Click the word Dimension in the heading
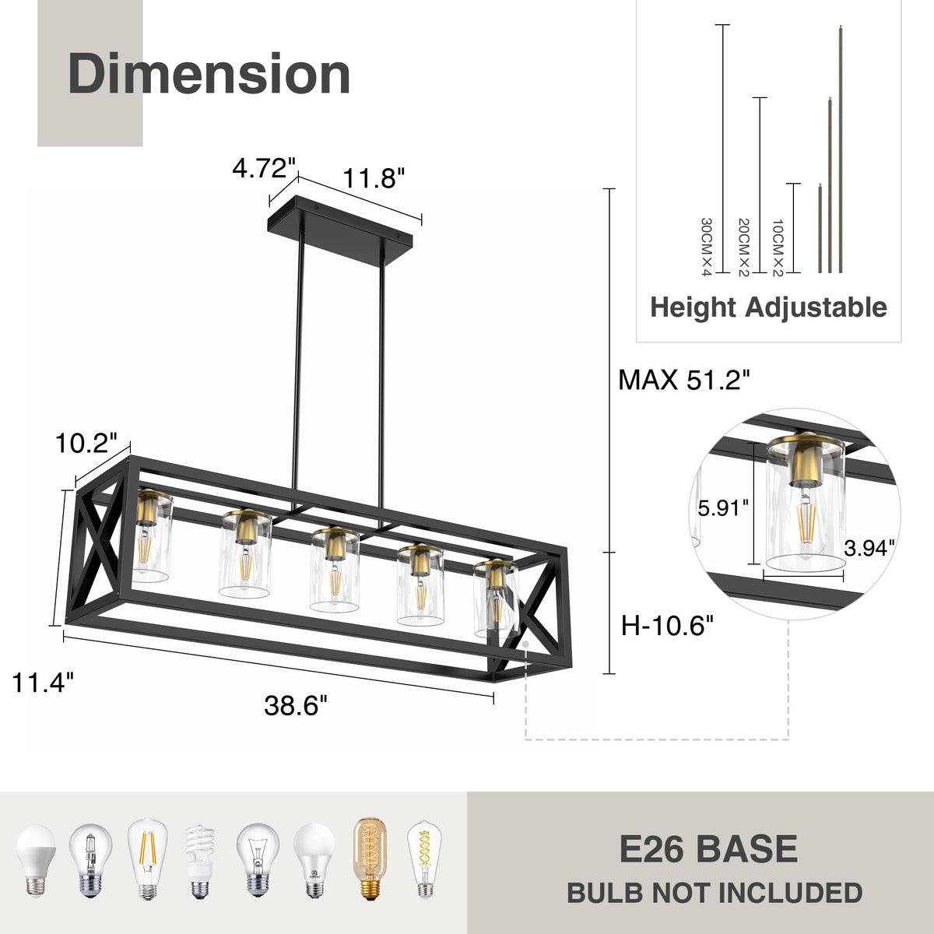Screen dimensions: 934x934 [x=209, y=74]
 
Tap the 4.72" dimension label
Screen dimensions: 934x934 [x=264, y=168]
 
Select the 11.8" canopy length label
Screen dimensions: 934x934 [x=374, y=178]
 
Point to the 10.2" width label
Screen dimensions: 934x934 [x=86, y=443]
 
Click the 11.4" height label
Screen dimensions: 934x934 [x=43, y=683]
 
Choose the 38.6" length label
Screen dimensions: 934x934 [x=296, y=705]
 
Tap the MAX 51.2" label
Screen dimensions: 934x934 [x=684, y=380]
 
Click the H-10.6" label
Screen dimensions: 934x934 [x=667, y=626]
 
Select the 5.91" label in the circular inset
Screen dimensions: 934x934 [x=723, y=508]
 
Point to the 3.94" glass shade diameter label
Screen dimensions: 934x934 [x=869, y=548]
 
